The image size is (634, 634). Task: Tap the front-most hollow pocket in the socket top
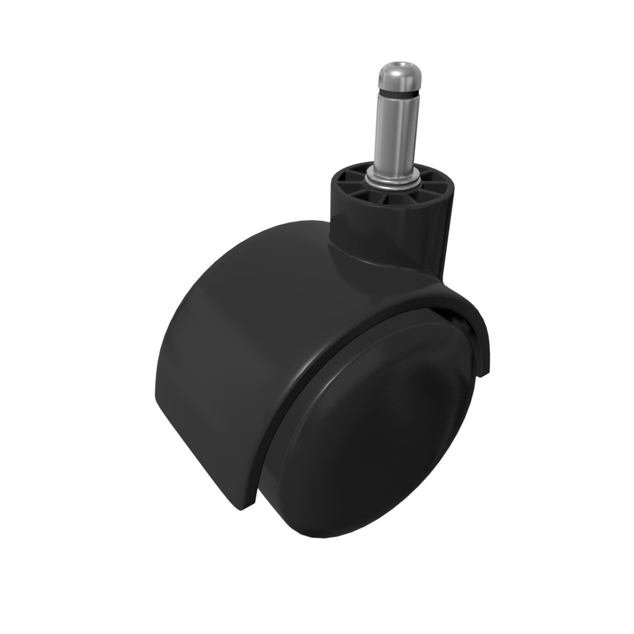pyautogui.click(x=392, y=200)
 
